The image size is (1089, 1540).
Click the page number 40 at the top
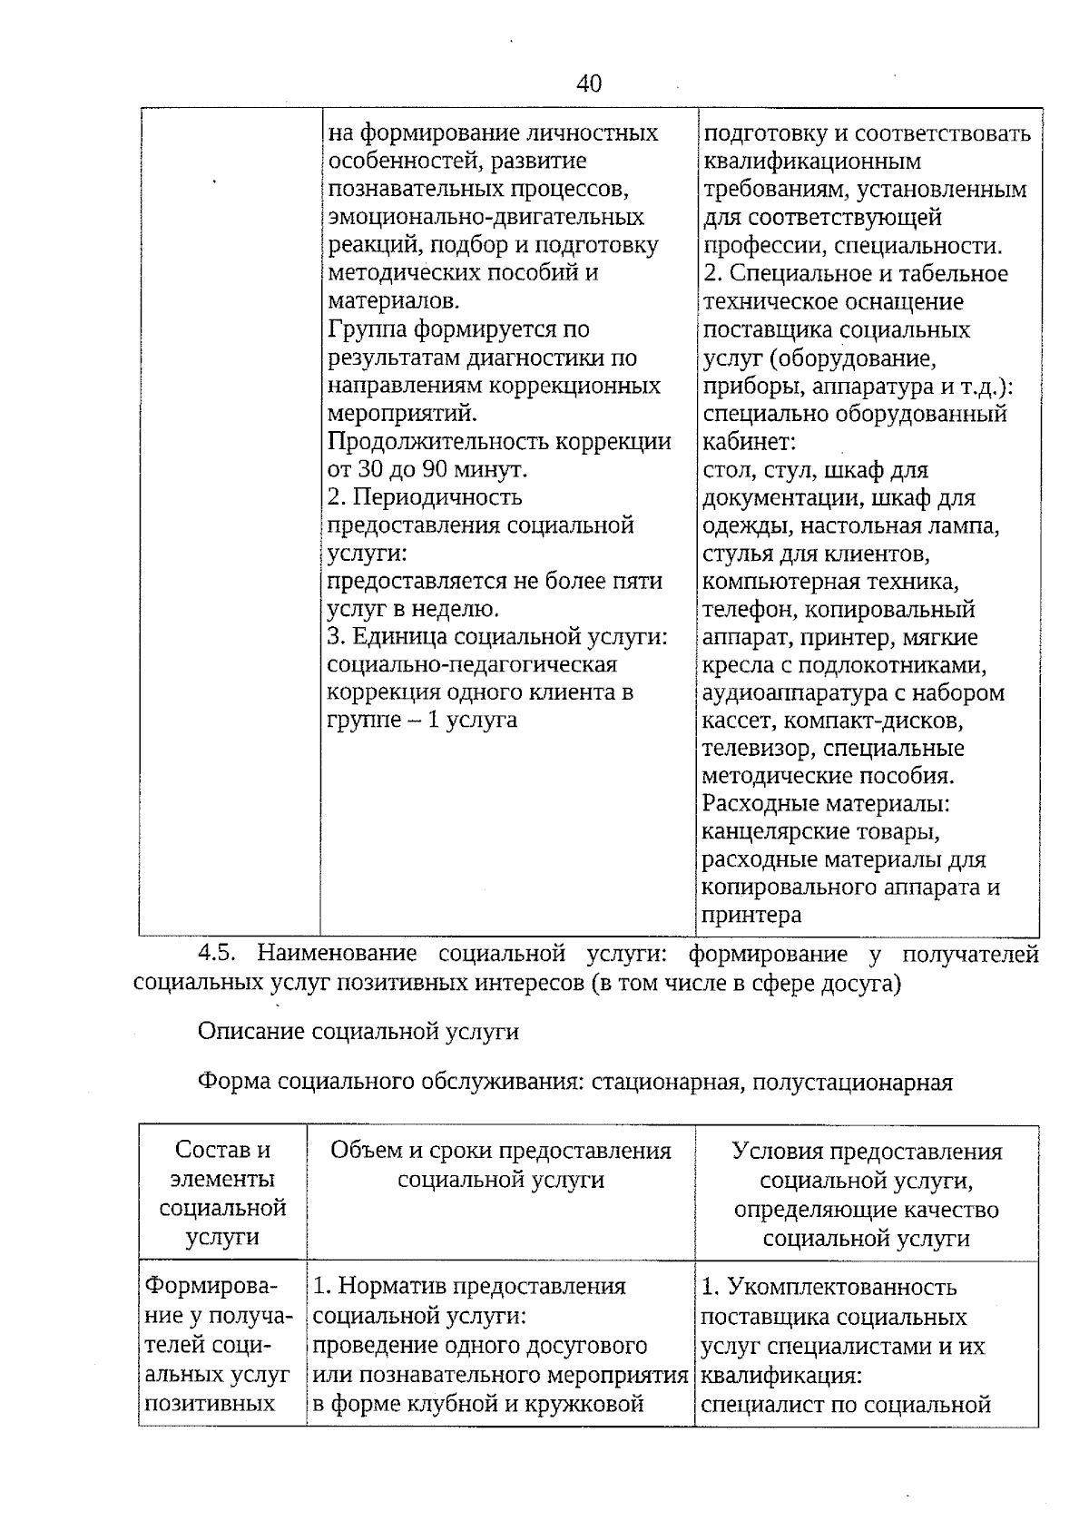(588, 84)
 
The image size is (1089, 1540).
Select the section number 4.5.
(217, 954)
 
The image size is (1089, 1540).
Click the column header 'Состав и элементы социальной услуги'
(222, 1193)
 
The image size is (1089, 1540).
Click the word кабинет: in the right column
(749, 443)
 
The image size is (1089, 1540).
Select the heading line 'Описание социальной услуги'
(358, 1032)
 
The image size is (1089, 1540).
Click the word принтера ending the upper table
(752, 916)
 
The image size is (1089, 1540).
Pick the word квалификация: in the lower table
(780, 1376)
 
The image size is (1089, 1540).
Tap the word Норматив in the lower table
(393, 1287)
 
